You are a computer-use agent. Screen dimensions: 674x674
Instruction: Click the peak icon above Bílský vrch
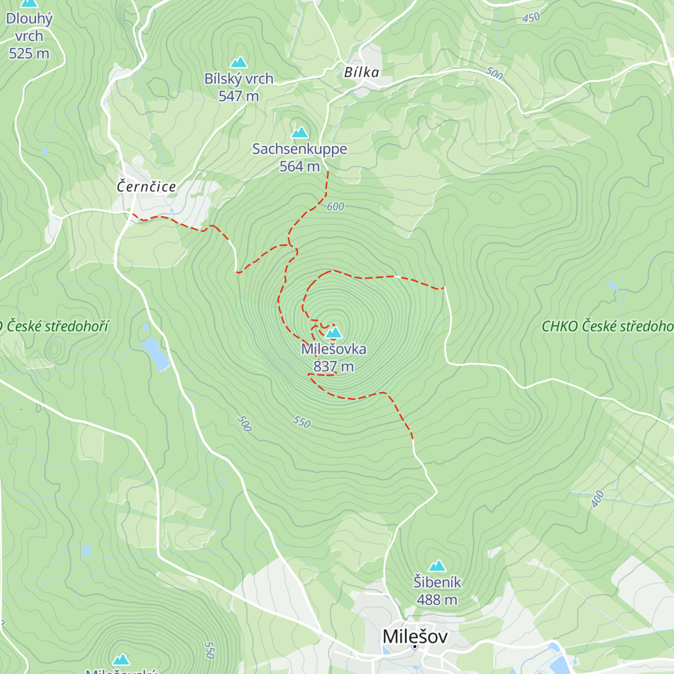point(239,62)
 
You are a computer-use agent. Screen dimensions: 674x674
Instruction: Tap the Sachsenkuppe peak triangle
point(299,133)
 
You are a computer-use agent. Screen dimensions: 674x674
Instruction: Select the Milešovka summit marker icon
point(334,333)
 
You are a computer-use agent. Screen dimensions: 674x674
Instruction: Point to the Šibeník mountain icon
point(437,566)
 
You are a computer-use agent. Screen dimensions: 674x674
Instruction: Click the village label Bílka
point(362,72)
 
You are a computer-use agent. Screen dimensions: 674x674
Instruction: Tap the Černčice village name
point(146,186)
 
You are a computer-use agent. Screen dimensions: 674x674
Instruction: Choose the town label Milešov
point(415,636)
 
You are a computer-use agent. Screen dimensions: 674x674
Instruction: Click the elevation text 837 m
point(334,367)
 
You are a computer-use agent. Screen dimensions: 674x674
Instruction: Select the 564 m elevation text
point(299,166)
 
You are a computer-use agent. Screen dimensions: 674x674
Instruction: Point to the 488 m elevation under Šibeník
point(437,600)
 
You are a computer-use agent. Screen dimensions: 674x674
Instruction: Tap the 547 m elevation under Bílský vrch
point(239,96)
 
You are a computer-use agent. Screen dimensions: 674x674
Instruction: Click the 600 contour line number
point(335,207)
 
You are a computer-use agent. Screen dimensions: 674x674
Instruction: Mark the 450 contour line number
point(531,18)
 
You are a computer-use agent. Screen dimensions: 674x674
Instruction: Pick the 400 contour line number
point(598,498)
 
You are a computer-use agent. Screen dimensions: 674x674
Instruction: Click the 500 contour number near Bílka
point(494,73)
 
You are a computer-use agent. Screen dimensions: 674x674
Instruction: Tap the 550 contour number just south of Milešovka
point(302,422)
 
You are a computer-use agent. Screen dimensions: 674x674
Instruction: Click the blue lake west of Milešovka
point(155,354)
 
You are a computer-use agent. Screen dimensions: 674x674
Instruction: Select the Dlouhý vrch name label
point(29,27)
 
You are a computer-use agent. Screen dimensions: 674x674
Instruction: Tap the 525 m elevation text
point(29,54)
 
